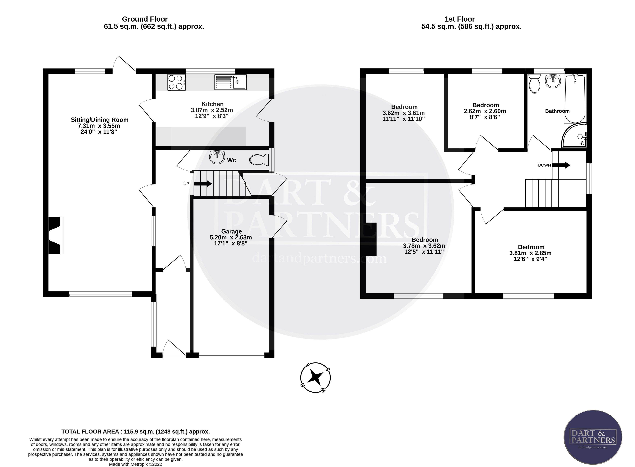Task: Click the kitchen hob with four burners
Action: pyautogui.click(x=176, y=82)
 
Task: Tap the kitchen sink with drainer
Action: pyautogui.click(x=230, y=82)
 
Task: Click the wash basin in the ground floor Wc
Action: pyautogui.click(x=217, y=157)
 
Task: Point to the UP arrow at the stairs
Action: pyautogui.click(x=203, y=183)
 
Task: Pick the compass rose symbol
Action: pyautogui.click(x=315, y=377)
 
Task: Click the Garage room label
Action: pyautogui.click(x=231, y=232)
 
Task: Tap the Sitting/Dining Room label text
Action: pyautogui.click(x=99, y=120)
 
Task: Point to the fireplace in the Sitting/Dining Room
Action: pyautogui.click(x=55, y=235)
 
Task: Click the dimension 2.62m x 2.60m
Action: pyautogui.click(x=485, y=111)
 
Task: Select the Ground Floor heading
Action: pyautogui.click(x=145, y=19)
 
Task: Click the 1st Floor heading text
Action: pyautogui.click(x=460, y=19)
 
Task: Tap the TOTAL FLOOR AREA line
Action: pyautogui.click(x=136, y=432)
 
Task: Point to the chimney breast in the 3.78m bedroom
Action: pyautogui.click(x=370, y=239)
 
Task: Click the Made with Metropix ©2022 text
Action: pyautogui.click(x=136, y=464)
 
